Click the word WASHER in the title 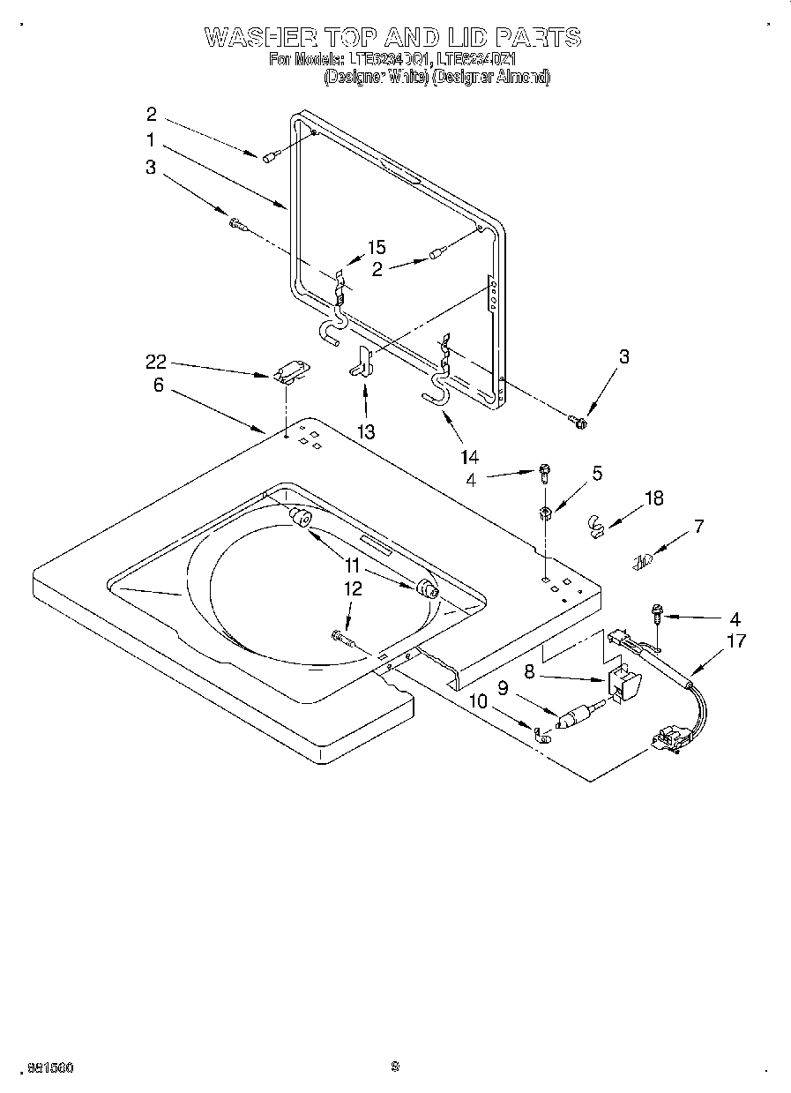[256, 38]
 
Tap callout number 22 [157, 362]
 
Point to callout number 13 [365, 431]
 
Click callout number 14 [469, 457]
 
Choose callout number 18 [653, 498]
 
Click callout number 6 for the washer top [158, 386]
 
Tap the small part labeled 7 [644, 559]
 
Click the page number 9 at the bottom [395, 1067]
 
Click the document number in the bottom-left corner [49, 1067]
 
